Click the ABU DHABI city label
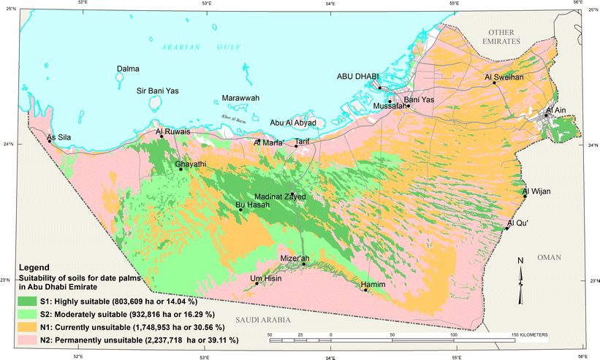click(x=359, y=76)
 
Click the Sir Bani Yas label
click(x=159, y=91)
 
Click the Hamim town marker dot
click(x=365, y=290)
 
